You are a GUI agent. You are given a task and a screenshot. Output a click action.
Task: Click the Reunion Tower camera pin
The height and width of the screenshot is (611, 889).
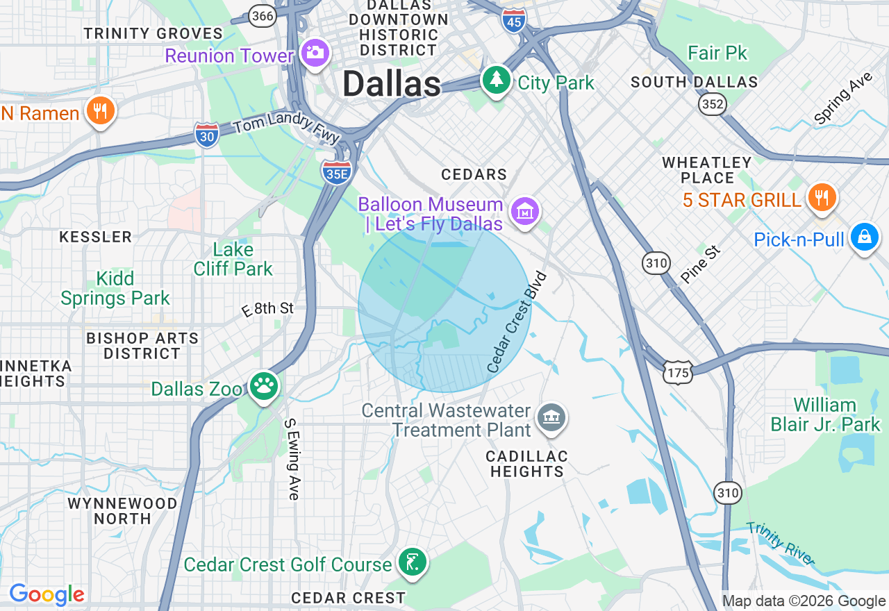tap(315, 52)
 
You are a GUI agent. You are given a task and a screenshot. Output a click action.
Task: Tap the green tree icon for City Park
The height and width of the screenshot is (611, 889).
tap(496, 80)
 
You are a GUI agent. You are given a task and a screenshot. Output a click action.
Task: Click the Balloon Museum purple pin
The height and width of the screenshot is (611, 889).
tap(525, 210)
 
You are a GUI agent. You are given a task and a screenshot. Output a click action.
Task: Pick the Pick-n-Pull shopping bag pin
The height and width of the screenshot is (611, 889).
tap(864, 237)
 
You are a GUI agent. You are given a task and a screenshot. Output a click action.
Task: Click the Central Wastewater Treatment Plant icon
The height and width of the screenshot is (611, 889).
tap(552, 417)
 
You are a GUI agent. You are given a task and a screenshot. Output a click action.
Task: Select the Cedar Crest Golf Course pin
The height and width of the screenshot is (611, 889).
tap(413, 560)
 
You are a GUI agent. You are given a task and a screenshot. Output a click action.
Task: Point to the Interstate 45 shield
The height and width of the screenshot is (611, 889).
tap(513, 20)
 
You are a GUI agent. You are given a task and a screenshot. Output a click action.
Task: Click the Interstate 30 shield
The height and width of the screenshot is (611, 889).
tap(206, 135)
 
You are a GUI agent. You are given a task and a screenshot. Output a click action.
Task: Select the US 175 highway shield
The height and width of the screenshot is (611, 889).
tap(676, 373)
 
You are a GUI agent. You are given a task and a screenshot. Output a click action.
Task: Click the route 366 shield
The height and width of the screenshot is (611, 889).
tap(263, 15)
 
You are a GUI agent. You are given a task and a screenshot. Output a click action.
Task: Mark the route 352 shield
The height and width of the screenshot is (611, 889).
tap(713, 104)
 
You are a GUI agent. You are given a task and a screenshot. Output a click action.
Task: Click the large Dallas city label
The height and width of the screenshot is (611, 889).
tap(392, 85)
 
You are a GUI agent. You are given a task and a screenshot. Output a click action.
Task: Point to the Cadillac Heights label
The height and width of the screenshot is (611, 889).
tap(526, 464)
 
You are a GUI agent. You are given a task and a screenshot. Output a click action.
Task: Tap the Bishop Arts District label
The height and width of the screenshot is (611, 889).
tap(142, 346)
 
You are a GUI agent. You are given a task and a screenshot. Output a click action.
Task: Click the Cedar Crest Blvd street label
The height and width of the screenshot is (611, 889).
tap(517, 321)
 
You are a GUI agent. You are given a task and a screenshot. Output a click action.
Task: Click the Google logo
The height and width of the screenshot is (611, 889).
tap(47, 594)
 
